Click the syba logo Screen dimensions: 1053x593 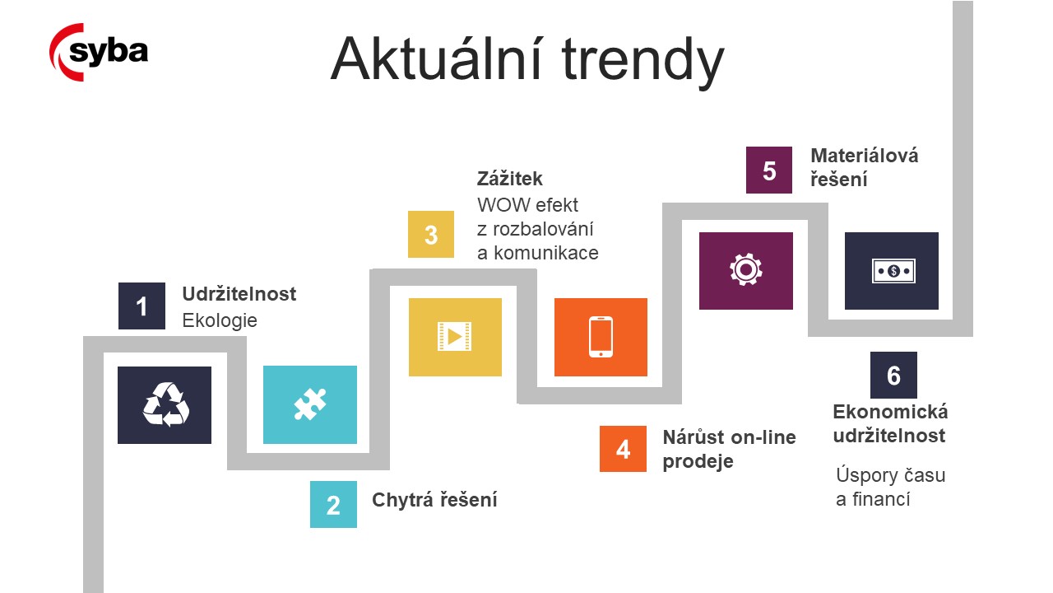99,52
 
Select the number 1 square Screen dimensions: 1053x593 141,306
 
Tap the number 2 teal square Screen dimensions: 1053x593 333,505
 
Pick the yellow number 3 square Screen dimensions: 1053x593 431,235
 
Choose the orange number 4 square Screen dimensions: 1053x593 623,449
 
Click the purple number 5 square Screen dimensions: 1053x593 769,170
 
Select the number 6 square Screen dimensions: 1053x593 893,375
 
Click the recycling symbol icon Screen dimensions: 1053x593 165,404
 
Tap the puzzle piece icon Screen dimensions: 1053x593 310,404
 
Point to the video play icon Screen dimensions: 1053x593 455,337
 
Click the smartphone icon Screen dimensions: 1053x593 601,337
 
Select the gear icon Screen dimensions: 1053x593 745,269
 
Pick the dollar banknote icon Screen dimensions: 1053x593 893,271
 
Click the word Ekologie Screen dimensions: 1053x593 220,321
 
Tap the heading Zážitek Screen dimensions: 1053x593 509,179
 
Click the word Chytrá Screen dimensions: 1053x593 402,500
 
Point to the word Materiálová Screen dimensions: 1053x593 865,156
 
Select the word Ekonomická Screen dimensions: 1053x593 890,412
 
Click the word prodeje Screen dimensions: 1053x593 698,462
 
